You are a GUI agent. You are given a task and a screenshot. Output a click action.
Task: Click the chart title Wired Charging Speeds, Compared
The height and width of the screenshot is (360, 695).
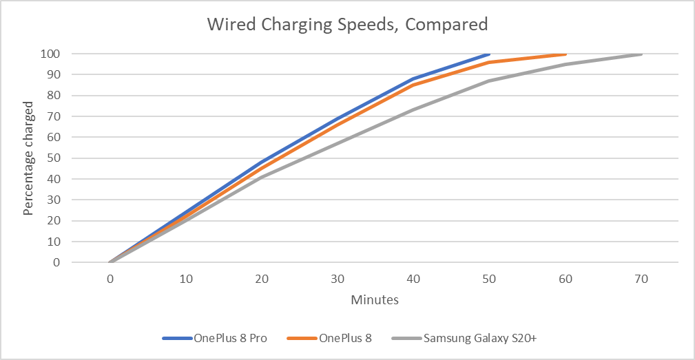(347, 25)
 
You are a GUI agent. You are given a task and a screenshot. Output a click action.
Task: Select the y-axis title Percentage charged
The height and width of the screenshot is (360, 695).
(28, 158)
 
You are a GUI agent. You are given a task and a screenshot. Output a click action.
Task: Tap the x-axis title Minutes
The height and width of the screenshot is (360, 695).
(375, 300)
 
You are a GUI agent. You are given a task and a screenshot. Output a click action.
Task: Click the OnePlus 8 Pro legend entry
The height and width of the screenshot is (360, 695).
(214, 338)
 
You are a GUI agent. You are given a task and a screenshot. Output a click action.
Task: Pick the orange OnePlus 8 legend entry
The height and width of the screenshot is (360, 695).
(330, 338)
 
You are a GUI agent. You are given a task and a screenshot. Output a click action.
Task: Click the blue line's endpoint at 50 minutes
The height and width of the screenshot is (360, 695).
(489, 54)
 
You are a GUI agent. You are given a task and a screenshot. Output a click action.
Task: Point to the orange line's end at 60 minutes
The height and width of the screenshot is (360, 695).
(566, 54)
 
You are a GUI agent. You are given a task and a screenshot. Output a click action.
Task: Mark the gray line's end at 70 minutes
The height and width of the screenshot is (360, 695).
(641, 54)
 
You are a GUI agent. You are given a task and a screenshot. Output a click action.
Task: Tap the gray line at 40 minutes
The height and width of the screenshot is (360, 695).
(413, 110)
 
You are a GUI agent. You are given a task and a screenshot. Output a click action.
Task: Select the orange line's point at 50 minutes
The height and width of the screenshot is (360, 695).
(489, 62)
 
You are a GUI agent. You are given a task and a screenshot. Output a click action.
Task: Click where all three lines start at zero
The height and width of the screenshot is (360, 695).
(110, 262)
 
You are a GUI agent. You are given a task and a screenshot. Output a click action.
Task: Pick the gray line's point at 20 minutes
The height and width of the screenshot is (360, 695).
(262, 177)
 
